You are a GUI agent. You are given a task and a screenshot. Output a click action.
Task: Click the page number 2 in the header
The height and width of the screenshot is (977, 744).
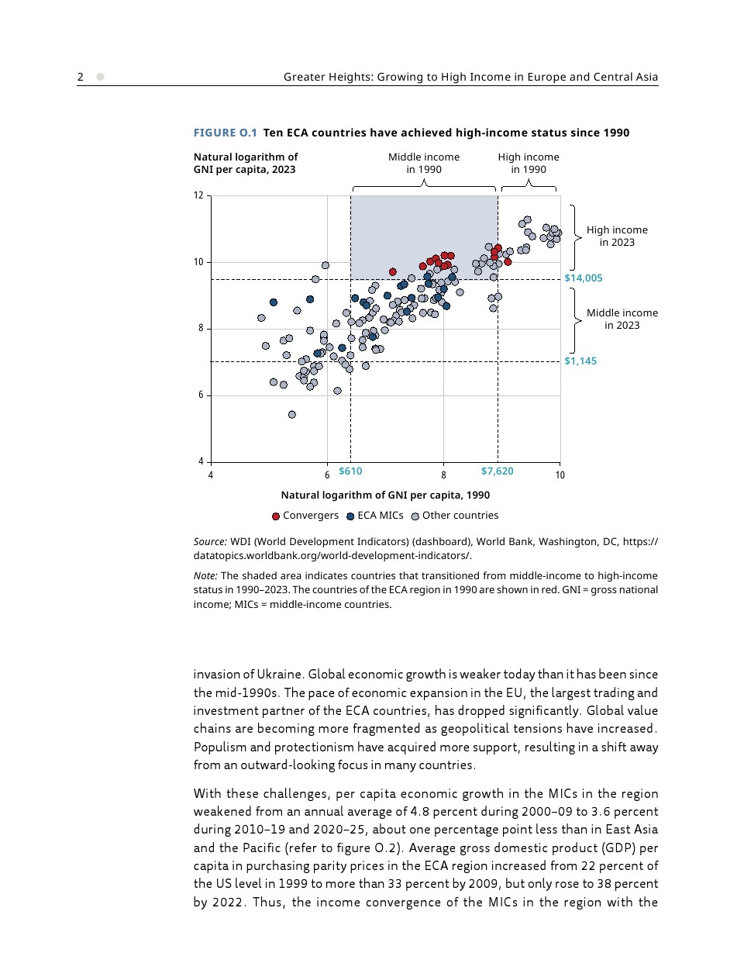[x=81, y=77]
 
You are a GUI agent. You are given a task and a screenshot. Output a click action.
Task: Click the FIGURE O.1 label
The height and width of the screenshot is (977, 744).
[x=225, y=133]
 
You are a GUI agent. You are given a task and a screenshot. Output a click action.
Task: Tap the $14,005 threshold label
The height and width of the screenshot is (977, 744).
[x=583, y=278]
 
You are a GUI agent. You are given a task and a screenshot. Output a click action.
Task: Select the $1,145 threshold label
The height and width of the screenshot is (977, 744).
[x=580, y=361]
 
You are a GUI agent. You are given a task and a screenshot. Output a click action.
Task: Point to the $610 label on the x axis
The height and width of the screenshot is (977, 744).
[x=350, y=471]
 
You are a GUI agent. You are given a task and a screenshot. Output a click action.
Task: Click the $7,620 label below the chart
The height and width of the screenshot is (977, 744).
[x=497, y=471]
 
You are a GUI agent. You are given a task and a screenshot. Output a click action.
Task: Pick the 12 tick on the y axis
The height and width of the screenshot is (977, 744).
[x=198, y=195]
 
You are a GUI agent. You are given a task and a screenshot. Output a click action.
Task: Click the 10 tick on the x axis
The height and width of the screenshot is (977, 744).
[x=560, y=475]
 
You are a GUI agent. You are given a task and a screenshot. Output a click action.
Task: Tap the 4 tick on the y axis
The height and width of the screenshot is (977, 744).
[x=201, y=461]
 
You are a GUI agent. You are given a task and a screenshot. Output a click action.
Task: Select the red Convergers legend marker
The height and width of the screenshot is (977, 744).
[x=276, y=516]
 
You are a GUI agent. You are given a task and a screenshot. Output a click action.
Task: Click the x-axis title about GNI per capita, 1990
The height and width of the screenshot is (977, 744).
[x=385, y=495]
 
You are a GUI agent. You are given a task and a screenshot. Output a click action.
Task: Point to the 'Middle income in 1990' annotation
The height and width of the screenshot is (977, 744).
[x=424, y=163]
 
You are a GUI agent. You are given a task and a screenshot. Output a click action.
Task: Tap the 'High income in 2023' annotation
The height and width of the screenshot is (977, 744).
[x=617, y=236]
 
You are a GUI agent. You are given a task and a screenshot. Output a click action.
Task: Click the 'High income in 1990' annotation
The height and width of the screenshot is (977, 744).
[x=529, y=163]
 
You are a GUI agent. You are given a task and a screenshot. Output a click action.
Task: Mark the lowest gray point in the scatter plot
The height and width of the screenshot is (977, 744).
[x=292, y=415]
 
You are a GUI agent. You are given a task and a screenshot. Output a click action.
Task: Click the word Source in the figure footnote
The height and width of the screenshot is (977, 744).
[x=210, y=542]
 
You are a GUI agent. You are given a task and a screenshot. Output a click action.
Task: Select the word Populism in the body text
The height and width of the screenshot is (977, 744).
[x=219, y=747]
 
